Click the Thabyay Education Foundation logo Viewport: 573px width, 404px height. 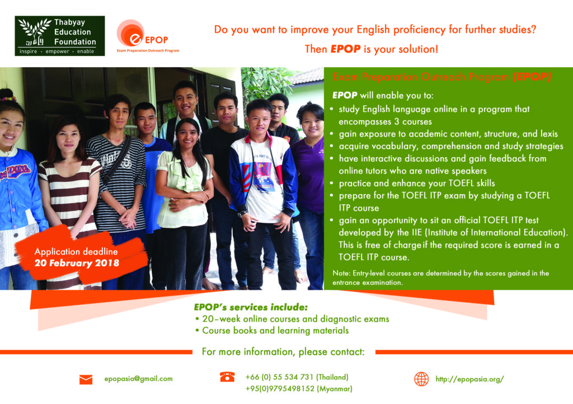tap(59, 36)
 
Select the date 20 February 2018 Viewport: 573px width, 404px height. tap(77, 263)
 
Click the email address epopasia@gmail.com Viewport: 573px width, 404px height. tap(139, 379)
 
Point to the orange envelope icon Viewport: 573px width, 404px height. tap(86, 379)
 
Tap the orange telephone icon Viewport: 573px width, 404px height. tap(227, 377)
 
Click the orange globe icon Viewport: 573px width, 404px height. tap(421, 379)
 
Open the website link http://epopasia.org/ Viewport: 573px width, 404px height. tap(469, 379)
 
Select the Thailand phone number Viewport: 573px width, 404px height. tap(297, 377)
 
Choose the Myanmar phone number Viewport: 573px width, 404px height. tap(299, 389)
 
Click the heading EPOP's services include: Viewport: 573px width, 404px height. tap(251, 307)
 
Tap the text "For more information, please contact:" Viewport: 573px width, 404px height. tap(283, 352)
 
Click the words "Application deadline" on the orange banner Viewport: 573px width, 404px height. tap(76, 251)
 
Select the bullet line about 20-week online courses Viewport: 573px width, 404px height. tap(292, 319)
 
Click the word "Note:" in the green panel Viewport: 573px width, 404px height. tap(341, 273)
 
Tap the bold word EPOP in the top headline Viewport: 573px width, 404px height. tap(345, 49)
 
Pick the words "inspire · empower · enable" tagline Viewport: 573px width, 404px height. tap(57, 51)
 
